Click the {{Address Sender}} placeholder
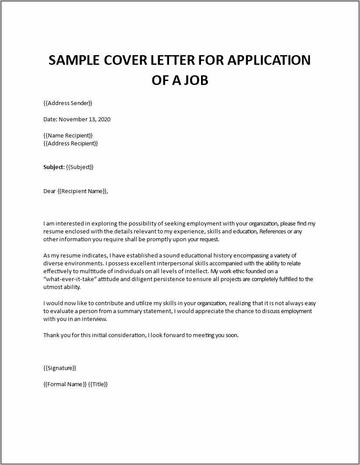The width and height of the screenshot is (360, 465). coord(68,103)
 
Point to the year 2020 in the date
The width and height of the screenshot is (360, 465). coord(104,119)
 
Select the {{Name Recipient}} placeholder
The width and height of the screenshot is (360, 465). coord(68,135)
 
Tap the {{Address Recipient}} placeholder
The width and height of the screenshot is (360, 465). coord(71,143)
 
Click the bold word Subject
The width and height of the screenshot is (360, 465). coord(53,167)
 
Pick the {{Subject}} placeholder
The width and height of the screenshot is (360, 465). coord(80,167)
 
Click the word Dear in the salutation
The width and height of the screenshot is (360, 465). coord(49,191)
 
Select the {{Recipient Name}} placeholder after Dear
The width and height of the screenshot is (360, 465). coord(82,191)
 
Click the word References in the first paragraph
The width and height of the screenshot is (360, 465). coord(272,231)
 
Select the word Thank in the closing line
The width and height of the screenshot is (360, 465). coord(51,335)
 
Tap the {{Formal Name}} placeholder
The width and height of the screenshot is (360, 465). coord(65,384)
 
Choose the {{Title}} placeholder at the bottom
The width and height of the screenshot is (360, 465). coord(98,384)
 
